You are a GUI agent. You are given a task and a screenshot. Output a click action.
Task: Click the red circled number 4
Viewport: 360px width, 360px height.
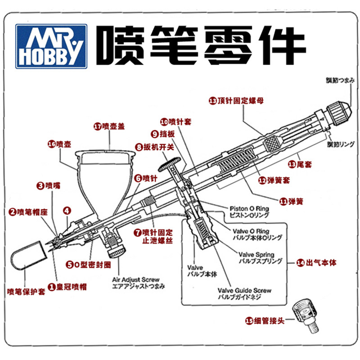(x=67, y=210)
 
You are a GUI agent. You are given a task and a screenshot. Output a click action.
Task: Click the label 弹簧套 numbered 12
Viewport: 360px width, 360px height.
(x=276, y=180)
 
